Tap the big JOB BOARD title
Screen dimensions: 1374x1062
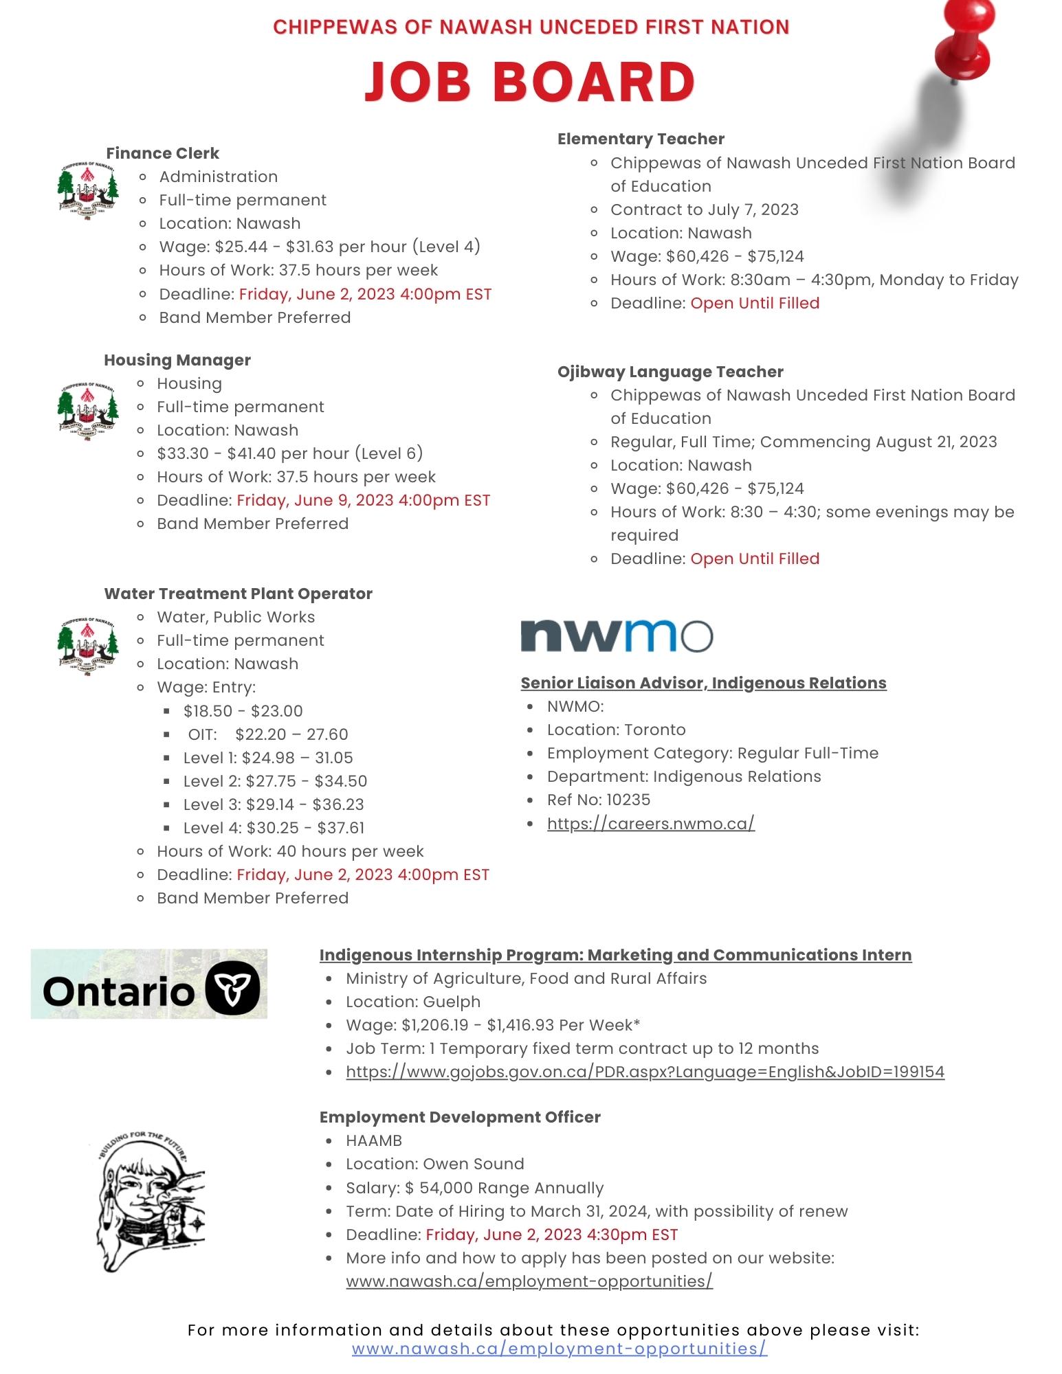tap(529, 81)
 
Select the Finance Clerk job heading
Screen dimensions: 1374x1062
tap(162, 153)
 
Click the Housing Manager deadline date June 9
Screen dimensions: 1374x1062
tap(363, 500)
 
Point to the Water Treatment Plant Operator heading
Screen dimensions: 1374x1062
tap(238, 594)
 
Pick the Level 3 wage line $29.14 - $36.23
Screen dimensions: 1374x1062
tap(274, 804)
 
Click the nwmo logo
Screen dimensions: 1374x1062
tap(617, 635)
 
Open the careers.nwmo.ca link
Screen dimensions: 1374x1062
tap(650, 823)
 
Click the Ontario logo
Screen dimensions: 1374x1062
tap(149, 984)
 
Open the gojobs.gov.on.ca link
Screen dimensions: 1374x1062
tap(645, 1072)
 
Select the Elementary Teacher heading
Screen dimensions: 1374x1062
tap(641, 139)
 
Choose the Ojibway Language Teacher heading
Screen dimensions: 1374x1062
tap(670, 372)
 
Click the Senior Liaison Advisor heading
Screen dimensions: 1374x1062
tap(703, 683)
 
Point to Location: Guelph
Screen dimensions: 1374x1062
tap(413, 1002)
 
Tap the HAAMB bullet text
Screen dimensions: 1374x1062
tap(374, 1140)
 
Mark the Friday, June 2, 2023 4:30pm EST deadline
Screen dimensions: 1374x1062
tap(551, 1235)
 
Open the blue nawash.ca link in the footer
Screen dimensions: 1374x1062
tap(559, 1349)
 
